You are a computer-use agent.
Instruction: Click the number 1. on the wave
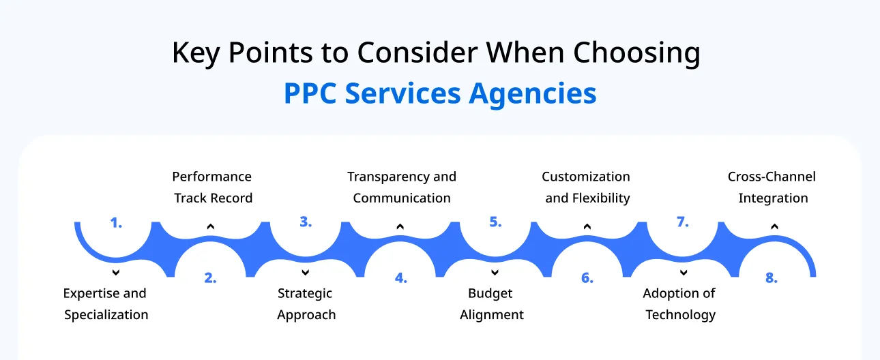point(116,222)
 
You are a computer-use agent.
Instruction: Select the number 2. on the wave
point(210,278)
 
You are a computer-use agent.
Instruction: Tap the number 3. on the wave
point(306,222)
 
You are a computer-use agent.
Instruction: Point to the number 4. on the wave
point(400,278)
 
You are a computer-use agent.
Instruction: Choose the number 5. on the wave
point(495,222)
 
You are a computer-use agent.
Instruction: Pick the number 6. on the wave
point(587,278)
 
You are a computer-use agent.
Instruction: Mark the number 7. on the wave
point(683,222)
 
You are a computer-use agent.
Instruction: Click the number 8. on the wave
point(772,278)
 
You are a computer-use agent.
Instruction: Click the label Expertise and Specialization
point(106,304)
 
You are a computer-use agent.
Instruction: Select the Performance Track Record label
point(212,187)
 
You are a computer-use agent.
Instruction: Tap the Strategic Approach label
point(306,304)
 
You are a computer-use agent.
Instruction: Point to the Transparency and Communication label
point(402,187)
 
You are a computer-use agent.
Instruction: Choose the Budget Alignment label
point(491,304)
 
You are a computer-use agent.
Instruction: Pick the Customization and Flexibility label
point(587,187)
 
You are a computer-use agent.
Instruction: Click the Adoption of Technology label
point(680,304)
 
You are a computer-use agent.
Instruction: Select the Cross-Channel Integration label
point(772,187)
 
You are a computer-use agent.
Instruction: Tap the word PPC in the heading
point(310,94)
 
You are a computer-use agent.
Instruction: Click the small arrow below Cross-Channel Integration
point(774,226)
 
